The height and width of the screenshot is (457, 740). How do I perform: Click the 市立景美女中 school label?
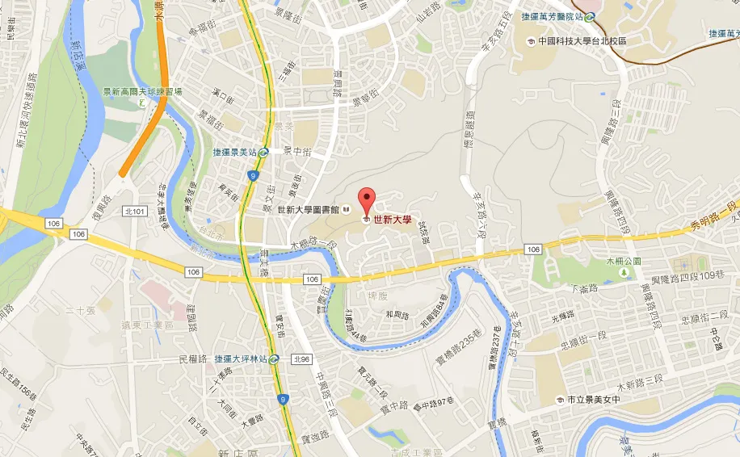coord(592,400)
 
